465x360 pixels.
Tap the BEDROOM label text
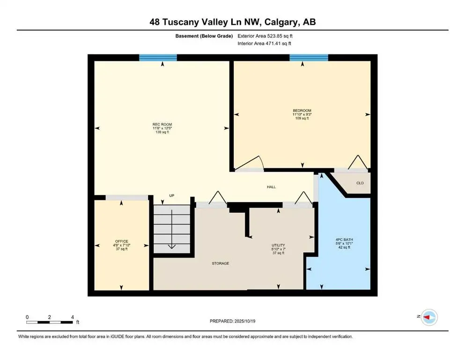(x=302, y=111)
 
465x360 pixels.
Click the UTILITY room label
(x=278, y=245)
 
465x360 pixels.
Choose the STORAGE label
(x=220, y=263)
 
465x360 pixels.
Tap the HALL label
(x=271, y=187)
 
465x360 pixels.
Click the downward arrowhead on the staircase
(x=172, y=246)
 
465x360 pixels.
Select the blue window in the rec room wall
(x=158, y=58)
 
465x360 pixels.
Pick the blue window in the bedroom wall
(x=309, y=58)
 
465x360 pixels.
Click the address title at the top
(x=232, y=22)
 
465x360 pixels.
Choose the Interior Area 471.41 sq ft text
(x=265, y=44)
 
